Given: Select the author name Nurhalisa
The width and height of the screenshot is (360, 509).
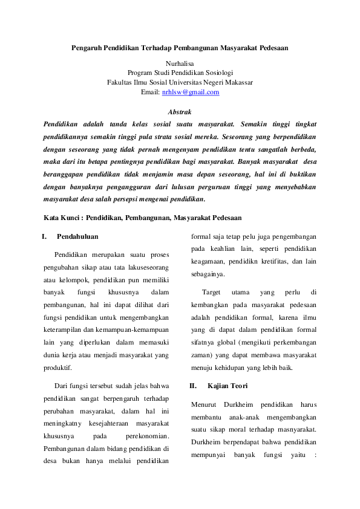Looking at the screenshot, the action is tap(180, 62).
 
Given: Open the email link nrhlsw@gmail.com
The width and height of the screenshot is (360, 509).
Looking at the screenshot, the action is tap(191, 92).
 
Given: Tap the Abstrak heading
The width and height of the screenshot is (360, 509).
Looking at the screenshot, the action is tap(180, 112).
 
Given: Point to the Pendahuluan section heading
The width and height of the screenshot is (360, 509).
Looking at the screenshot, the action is tap(77, 236).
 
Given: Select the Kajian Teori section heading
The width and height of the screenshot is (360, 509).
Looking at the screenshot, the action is tap(227, 385).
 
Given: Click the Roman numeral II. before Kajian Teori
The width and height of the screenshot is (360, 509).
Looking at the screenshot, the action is tap(193, 385).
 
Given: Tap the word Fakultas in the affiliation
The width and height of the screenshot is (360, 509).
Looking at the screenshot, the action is tap(120, 82).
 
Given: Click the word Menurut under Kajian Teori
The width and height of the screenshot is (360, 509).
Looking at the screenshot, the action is tap(203, 404).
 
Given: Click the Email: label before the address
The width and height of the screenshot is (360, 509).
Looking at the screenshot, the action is tap(150, 92).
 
